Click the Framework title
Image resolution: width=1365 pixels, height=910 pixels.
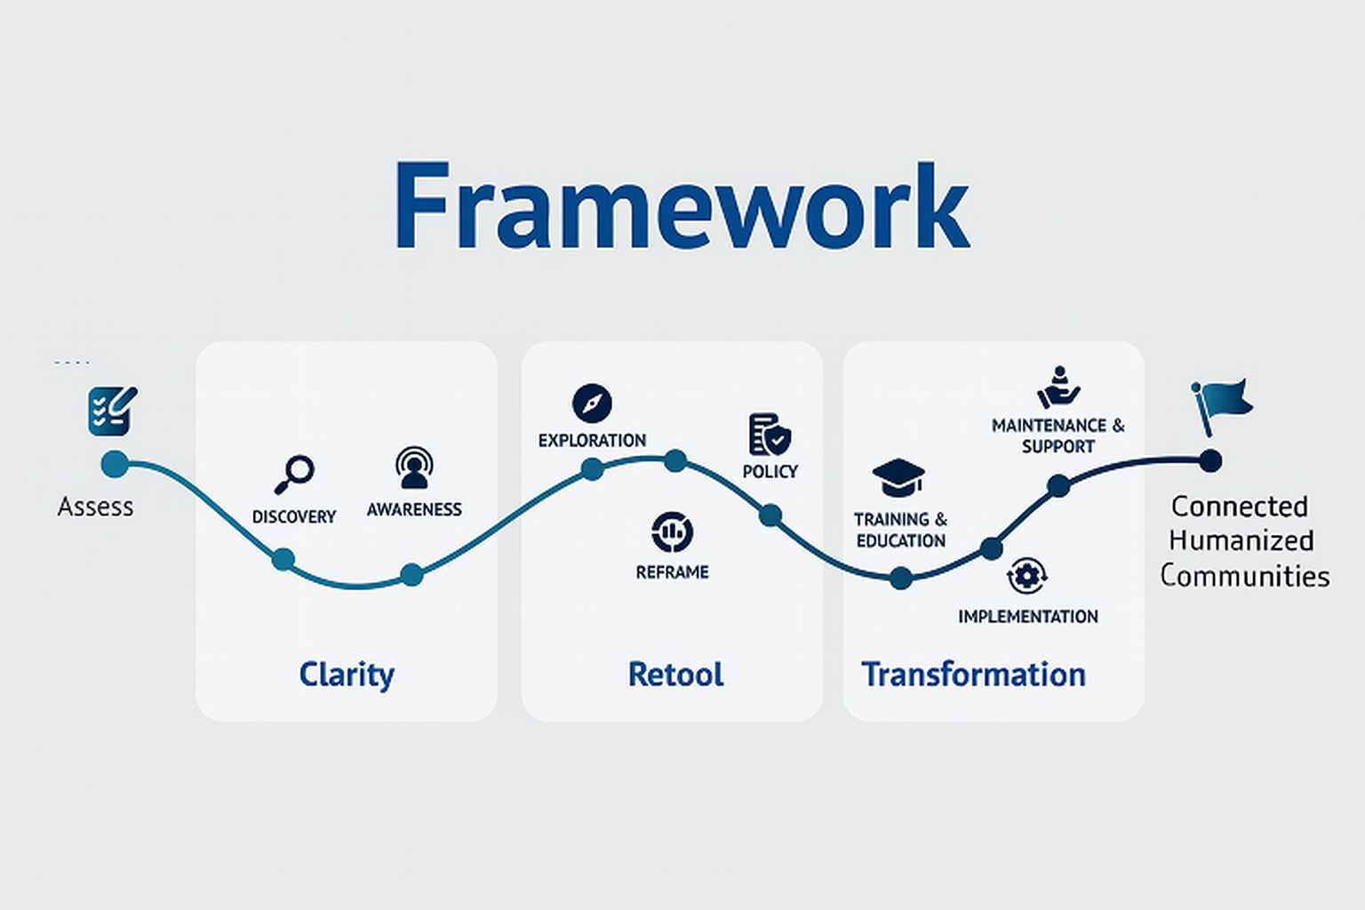coord(682,207)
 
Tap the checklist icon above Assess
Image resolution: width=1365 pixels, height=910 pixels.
coord(112,410)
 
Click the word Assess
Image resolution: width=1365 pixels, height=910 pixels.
coord(95,507)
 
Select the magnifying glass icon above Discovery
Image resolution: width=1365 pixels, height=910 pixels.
coord(294,474)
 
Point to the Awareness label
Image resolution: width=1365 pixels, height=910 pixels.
coord(414,509)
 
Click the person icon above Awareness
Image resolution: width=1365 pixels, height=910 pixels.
coord(414,468)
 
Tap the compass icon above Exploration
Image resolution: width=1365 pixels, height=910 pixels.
coord(592,403)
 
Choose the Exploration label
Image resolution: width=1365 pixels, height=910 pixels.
coord(592,440)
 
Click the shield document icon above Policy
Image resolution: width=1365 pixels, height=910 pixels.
coord(769,435)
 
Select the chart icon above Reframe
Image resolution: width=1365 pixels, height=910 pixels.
coord(672,531)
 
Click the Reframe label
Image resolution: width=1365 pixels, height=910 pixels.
coord(672,572)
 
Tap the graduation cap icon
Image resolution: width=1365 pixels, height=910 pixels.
coord(898,477)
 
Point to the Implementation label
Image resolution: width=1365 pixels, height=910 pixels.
coord(1027,616)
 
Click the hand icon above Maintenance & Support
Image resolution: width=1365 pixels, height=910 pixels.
coord(1058,387)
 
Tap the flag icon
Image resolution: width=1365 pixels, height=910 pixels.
coord(1222,404)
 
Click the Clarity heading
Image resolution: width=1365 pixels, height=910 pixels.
coord(347,675)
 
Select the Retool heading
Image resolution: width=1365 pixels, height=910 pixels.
coord(675,675)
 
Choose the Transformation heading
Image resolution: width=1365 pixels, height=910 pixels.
coord(973,675)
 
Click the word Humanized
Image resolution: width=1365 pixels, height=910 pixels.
coord(1241,540)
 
